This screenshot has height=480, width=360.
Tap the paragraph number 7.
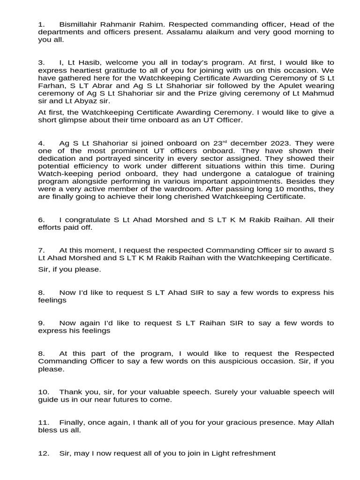click(41, 250)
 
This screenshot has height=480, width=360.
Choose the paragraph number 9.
click(41, 323)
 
